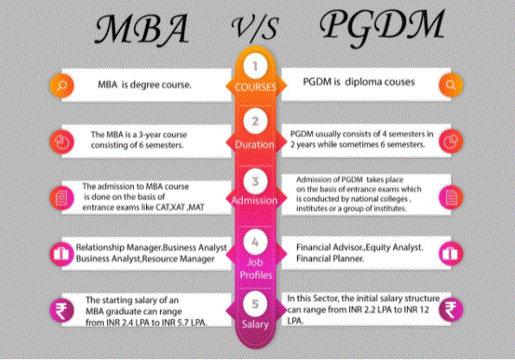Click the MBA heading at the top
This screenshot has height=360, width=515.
pos(142,29)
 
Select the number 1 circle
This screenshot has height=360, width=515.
pos(255,66)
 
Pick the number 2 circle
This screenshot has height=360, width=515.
pos(255,122)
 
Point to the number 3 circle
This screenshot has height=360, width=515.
pos(255,180)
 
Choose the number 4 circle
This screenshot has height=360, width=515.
pos(255,243)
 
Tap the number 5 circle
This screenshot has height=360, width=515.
pos(255,304)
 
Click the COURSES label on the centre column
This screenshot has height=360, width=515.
pos(256,87)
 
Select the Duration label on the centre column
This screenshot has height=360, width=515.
pos(255,144)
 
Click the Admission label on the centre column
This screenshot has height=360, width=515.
pos(255,200)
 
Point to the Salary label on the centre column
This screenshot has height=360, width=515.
pos(255,325)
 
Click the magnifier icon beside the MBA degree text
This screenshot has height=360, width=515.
pos(61,85)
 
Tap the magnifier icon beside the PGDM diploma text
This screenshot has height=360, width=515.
pos(451,85)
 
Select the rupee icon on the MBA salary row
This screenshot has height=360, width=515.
pos(61,311)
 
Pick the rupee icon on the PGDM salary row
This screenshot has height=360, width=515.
pos(451,309)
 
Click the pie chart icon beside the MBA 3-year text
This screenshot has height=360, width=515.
pos(61,142)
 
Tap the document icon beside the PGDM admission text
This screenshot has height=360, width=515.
pos(451,197)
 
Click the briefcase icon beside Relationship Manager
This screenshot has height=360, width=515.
pos(61,254)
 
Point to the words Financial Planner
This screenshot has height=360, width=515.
pos(330,259)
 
